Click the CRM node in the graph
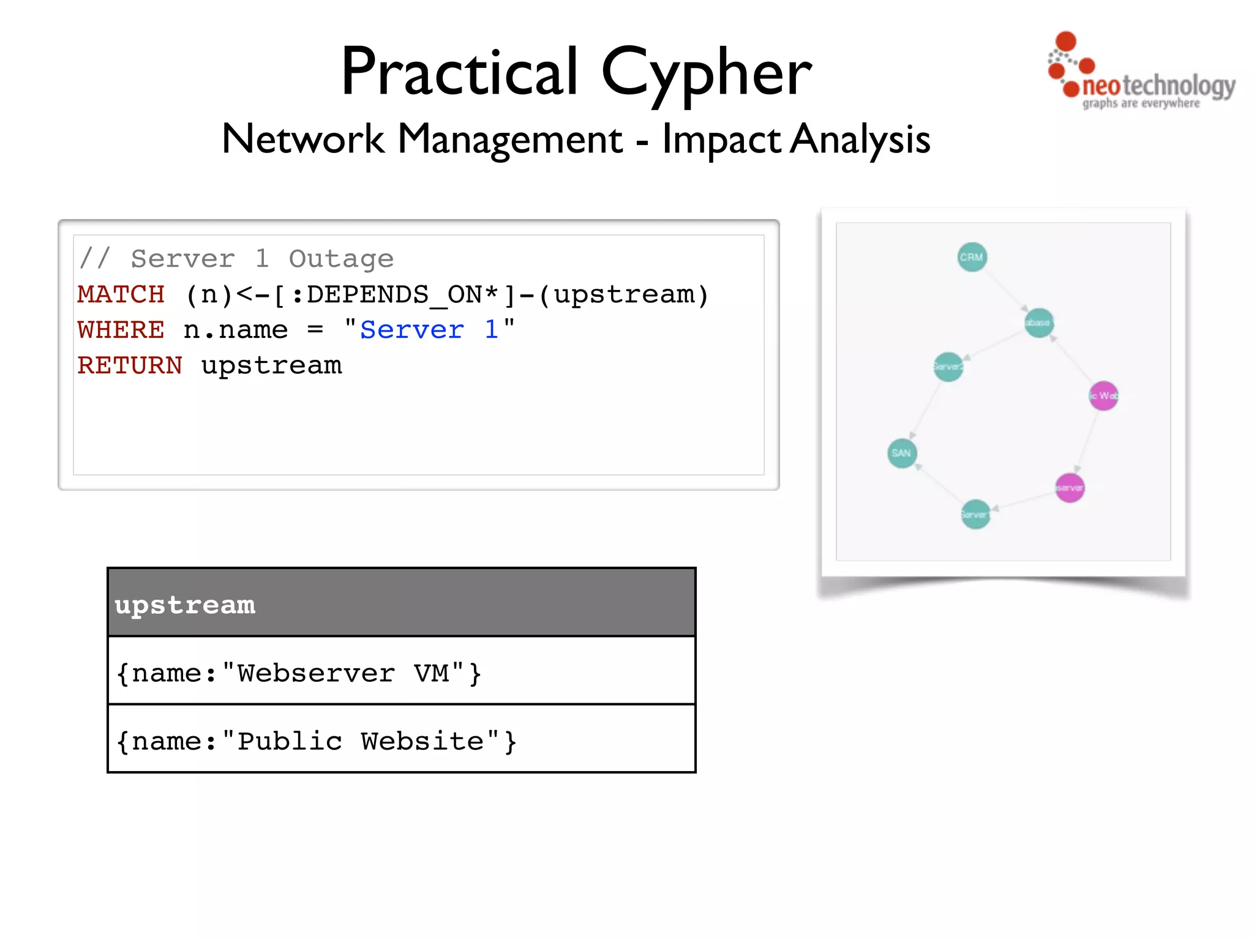[x=972, y=257]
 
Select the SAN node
[x=902, y=453]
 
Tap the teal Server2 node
[x=948, y=367]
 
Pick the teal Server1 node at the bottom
[x=975, y=515]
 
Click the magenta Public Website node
[x=1103, y=396]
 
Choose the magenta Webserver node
[x=1070, y=488]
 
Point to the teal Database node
[x=1038, y=323]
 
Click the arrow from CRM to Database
[x=1005, y=289]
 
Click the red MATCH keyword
[x=121, y=295]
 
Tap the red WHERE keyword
[x=121, y=330]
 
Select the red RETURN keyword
[x=130, y=366]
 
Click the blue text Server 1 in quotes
[x=429, y=330]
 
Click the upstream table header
[x=401, y=603]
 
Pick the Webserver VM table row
[x=401, y=672]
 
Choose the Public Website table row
[x=401, y=740]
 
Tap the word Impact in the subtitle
[x=721, y=140]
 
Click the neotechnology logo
[x=1141, y=73]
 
